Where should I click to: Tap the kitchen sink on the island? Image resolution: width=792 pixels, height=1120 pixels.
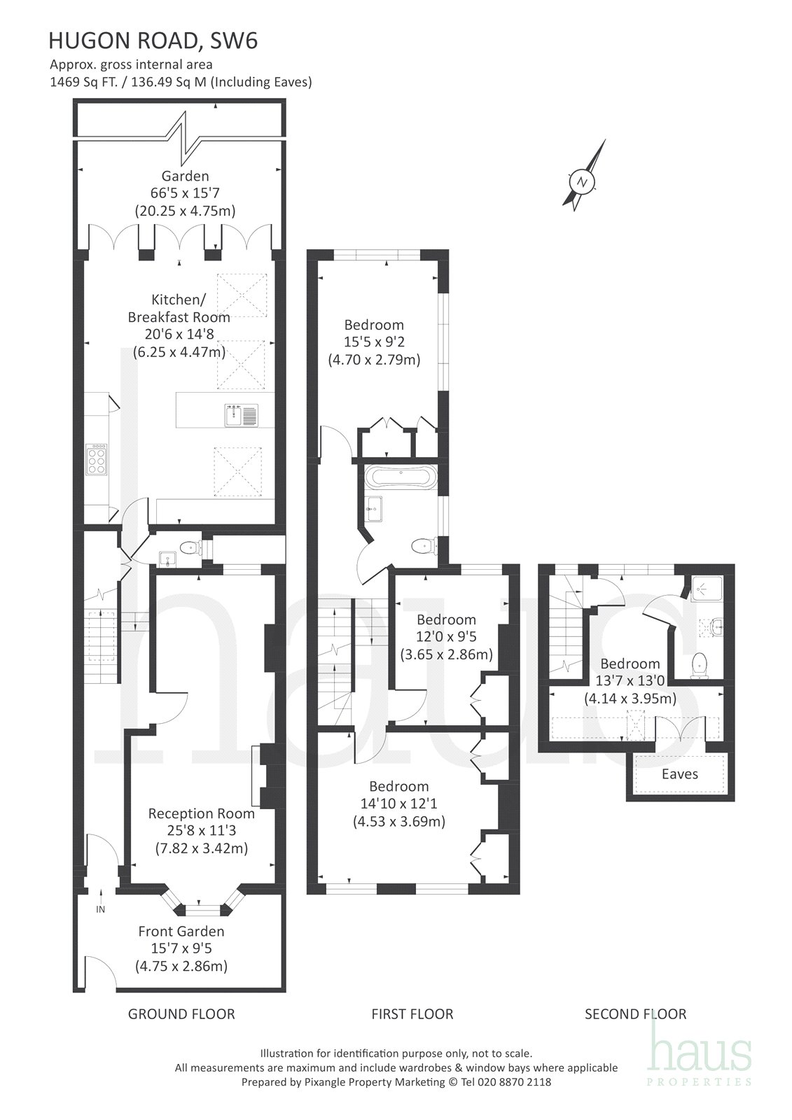click(242, 416)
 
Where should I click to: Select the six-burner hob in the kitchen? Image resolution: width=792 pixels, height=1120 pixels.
click(97, 458)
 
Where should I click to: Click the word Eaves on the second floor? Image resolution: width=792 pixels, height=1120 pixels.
click(679, 774)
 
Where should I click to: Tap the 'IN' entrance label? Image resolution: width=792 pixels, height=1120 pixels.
click(101, 909)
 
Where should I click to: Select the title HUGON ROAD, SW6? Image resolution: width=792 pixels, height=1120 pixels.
click(153, 41)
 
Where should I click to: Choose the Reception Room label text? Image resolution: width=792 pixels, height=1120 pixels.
click(201, 813)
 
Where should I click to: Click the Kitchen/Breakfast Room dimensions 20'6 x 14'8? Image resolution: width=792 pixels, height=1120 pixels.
click(179, 335)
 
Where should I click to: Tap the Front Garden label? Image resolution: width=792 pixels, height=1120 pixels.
click(181, 931)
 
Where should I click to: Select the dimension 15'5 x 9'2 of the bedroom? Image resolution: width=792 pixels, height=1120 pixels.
click(374, 342)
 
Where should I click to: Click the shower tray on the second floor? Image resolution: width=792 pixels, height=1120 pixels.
click(707, 589)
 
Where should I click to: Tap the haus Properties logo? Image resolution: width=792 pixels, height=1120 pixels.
click(700, 1046)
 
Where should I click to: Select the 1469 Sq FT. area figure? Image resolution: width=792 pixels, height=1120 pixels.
click(83, 81)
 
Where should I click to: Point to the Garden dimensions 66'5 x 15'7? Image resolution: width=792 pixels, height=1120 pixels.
click(185, 193)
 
